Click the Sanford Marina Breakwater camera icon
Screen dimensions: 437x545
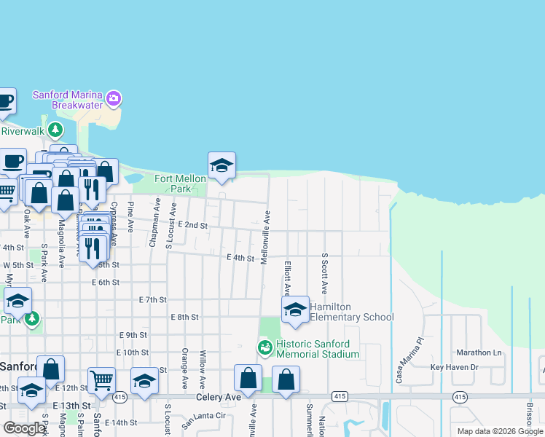(113, 98)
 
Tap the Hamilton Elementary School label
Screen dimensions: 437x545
(352, 312)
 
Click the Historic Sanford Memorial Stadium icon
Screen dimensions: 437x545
(265, 348)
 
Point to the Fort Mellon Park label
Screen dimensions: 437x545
(173, 184)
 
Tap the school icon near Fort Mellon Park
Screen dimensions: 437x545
(221, 165)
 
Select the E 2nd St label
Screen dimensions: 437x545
(192, 226)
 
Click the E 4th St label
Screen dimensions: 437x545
(240, 258)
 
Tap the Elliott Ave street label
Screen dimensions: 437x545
(288, 277)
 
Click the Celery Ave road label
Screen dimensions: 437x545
(218, 398)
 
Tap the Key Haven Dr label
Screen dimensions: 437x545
(454, 368)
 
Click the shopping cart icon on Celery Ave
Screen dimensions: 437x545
(101, 379)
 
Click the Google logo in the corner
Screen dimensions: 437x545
(24, 428)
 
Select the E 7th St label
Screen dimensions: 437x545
(152, 299)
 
